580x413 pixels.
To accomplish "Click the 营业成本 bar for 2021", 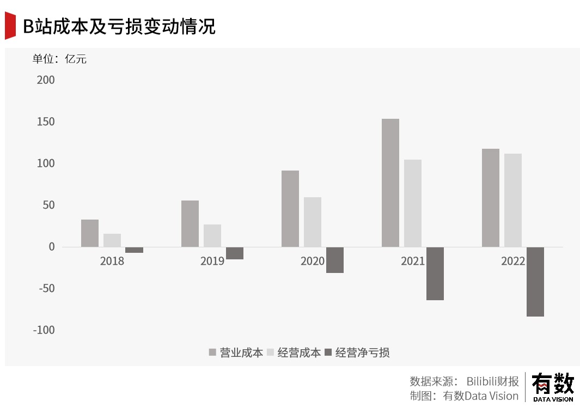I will [x=390, y=183].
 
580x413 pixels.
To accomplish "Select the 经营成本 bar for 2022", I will [x=512, y=200].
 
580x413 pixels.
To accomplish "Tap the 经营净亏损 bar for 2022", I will [x=535, y=282].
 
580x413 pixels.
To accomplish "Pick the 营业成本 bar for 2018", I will [x=90, y=233].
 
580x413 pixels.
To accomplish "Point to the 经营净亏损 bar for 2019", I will [x=234, y=253].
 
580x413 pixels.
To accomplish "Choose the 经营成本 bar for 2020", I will [x=312, y=222].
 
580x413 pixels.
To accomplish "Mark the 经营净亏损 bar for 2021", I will [x=435, y=274].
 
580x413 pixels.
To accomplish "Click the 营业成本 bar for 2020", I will [x=290, y=209].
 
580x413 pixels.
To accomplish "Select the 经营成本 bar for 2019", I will [x=212, y=235].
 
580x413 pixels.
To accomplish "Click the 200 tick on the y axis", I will [x=46, y=80].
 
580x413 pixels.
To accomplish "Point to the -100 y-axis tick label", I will [x=44, y=330].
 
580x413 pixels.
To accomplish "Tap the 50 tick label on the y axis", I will [x=48, y=205].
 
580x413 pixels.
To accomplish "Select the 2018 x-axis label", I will [x=112, y=261].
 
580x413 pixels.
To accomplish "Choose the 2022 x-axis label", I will [x=512, y=261].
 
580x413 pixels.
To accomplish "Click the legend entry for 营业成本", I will [x=236, y=353].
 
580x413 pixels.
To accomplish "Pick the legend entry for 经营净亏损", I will [x=357, y=353].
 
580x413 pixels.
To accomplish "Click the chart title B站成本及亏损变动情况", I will [x=119, y=26].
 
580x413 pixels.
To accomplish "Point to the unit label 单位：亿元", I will [x=59, y=59].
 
